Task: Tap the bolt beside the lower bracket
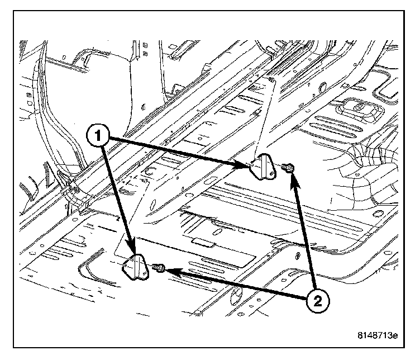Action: pos(159,269)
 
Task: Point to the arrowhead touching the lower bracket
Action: pos(132,248)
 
